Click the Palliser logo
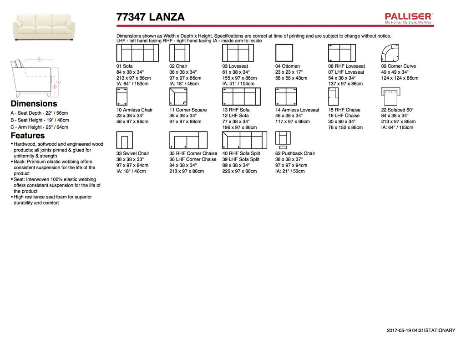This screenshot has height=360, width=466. coord(409,18)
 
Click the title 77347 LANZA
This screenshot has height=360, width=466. coord(151,17)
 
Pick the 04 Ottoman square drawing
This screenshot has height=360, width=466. coord(284,53)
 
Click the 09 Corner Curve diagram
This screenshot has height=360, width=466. coord(390,53)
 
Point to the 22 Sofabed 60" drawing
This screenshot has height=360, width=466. coord(390,96)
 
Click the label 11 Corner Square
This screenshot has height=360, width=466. coord(188,110)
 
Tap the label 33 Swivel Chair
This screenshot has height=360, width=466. coord(133,153)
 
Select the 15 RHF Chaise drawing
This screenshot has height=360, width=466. coord(334,96)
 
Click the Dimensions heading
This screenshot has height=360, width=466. coord(34,104)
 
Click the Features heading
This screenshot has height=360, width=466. coord(28,136)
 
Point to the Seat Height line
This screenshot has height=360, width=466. coord(40,120)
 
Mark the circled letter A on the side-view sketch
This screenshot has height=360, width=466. coord(40,60)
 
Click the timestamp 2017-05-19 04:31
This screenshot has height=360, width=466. coord(405,330)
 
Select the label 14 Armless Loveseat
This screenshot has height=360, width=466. coord(297,110)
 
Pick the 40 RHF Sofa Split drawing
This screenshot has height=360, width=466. coord(244,140)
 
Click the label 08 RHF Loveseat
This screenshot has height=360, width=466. coord(346,66)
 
